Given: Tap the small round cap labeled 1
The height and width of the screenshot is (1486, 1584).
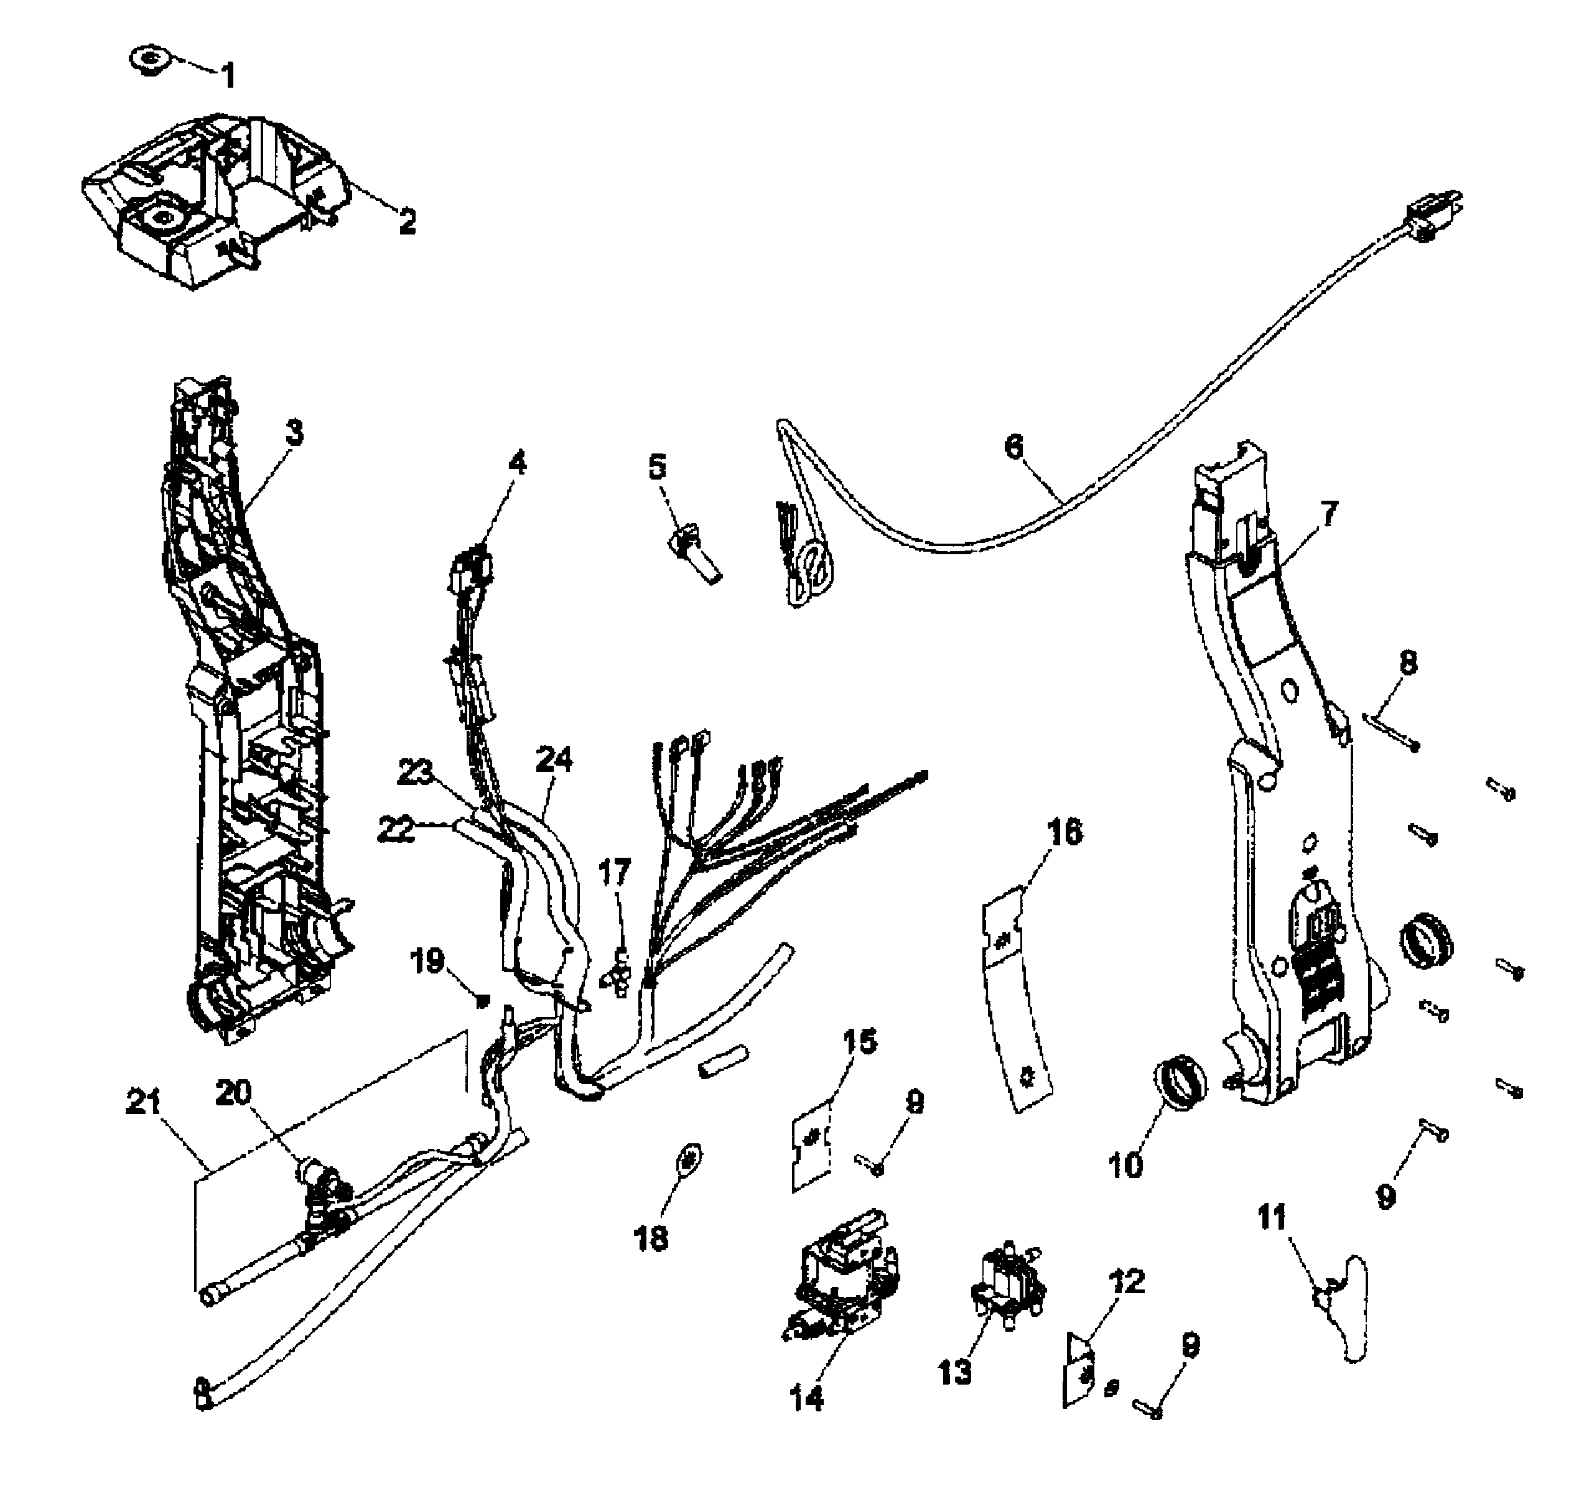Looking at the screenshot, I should pos(147,59).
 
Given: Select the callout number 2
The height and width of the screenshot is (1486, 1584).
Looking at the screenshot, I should pos(407,222).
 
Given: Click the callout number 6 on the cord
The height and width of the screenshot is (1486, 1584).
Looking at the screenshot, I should pos(1013,447).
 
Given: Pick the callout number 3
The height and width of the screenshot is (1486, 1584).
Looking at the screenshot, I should pos(294,433).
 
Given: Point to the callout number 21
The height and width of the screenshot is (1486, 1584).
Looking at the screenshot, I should pos(144,1103).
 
